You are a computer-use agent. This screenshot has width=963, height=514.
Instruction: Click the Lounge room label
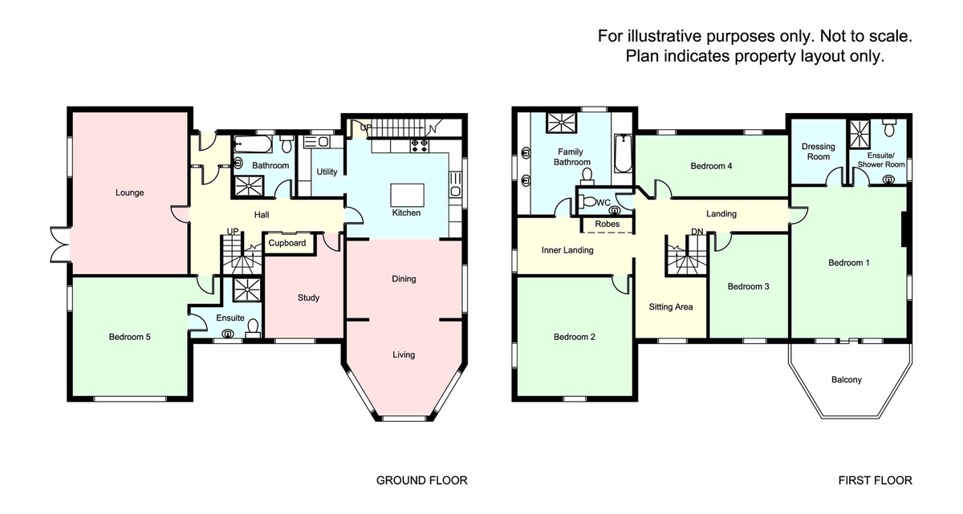click(x=129, y=192)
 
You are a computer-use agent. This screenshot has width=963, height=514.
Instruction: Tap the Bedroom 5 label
click(x=129, y=337)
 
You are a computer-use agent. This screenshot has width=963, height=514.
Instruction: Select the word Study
click(x=308, y=297)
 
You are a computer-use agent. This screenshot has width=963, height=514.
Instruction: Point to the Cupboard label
click(x=286, y=243)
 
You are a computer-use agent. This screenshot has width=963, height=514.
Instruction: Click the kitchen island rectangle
click(x=406, y=196)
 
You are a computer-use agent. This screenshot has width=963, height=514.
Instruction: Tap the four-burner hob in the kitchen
click(x=421, y=146)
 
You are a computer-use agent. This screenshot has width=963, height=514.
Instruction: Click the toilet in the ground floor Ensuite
click(x=253, y=327)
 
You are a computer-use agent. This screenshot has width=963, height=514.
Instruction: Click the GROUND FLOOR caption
click(x=421, y=481)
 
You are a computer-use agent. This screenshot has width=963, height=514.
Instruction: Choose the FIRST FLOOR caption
click(x=875, y=481)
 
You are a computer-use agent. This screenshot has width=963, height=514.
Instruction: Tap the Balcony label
click(x=845, y=379)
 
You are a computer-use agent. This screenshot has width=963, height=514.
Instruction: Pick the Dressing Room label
click(x=819, y=152)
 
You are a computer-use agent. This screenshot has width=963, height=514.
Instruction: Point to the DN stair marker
click(x=697, y=233)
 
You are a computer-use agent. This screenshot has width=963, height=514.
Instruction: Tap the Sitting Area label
click(x=671, y=306)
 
